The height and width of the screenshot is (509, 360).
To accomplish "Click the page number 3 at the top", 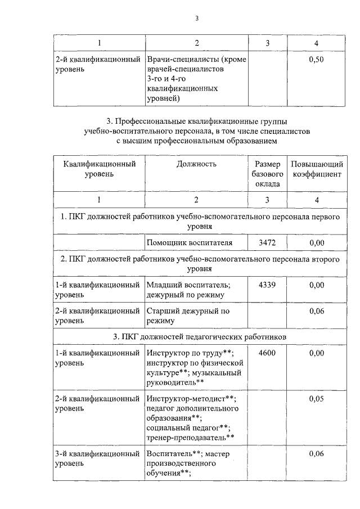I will (x=197, y=18).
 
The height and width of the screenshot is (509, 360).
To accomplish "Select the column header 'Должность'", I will (x=196, y=164).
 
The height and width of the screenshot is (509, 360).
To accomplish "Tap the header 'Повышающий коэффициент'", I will (x=317, y=169).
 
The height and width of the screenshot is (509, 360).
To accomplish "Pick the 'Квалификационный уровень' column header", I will (x=99, y=169).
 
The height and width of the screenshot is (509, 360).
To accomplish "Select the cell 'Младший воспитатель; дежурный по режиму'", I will (x=188, y=290).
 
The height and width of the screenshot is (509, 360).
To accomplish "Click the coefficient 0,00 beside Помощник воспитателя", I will (x=317, y=242).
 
